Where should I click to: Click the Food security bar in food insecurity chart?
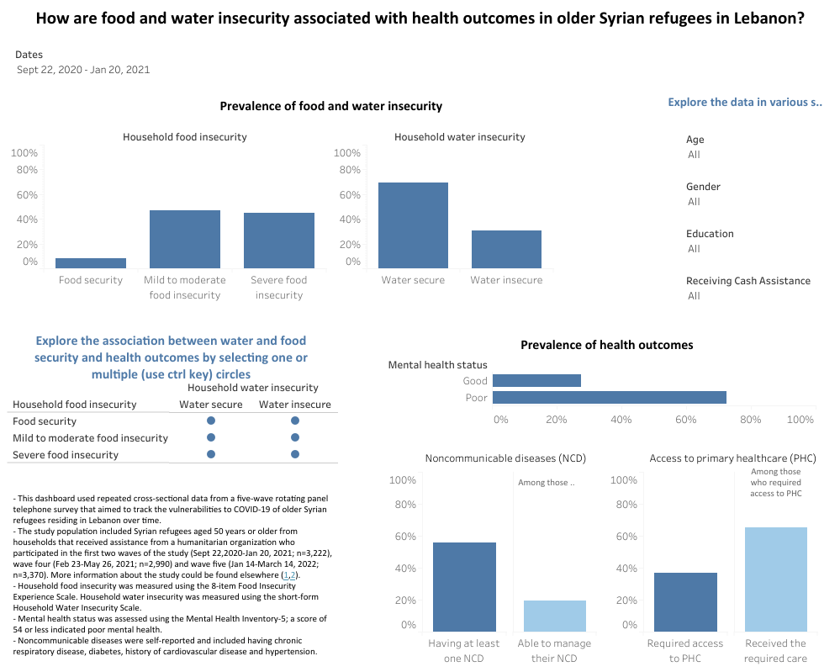(x=91, y=263)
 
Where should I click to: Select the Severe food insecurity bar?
(x=279, y=241)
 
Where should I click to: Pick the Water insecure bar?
(x=506, y=249)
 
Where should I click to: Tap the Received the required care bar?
(x=775, y=579)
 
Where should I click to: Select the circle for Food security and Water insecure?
(x=295, y=421)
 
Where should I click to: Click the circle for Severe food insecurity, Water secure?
(x=211, y=454)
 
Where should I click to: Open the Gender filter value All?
(x=694, y=202)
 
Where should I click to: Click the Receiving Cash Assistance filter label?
(x=748, y=281)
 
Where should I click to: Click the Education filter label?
(x=710, y=234)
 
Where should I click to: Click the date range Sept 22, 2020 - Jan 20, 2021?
(x=83, y=70)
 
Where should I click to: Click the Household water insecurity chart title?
(x=459, y=137)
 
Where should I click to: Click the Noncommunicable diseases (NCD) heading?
(x=505, y=458)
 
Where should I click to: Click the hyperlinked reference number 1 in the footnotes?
(x=286, y=575)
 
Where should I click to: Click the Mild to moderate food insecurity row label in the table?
(x=90, y=438)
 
